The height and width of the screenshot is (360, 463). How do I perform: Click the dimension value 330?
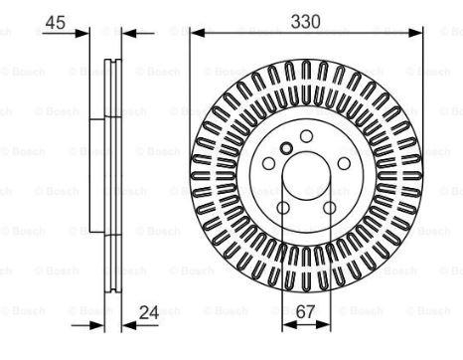click(305, 22)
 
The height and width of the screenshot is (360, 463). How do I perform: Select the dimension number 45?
click(56, 23)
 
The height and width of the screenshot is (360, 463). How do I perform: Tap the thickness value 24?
click(149, 312)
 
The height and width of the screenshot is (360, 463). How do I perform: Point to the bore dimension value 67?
click(305, 311)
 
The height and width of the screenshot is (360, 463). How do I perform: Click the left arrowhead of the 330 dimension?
click(198, 33)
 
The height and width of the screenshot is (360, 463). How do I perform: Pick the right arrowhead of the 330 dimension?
click(415, 33)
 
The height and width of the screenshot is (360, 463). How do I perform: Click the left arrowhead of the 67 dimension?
click(289, 325)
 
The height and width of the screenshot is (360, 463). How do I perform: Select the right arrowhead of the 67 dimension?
click(324, 325)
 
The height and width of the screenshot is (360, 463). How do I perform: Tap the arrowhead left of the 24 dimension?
click(97, 325)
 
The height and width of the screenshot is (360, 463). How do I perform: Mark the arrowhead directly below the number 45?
click(82, 33)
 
